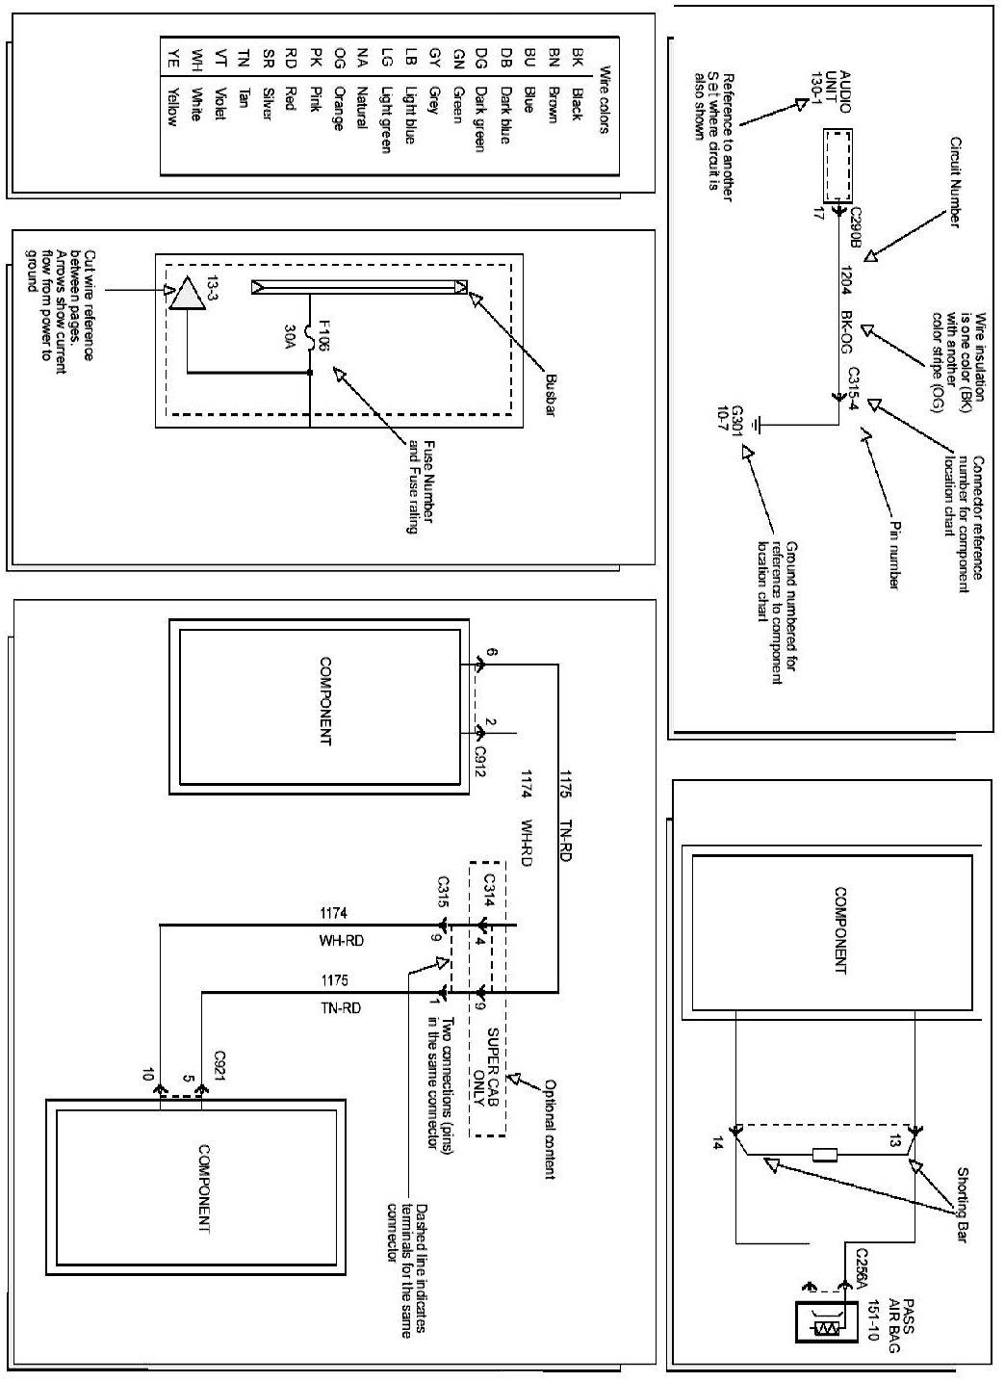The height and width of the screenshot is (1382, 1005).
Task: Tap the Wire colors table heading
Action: tap(604, 99)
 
